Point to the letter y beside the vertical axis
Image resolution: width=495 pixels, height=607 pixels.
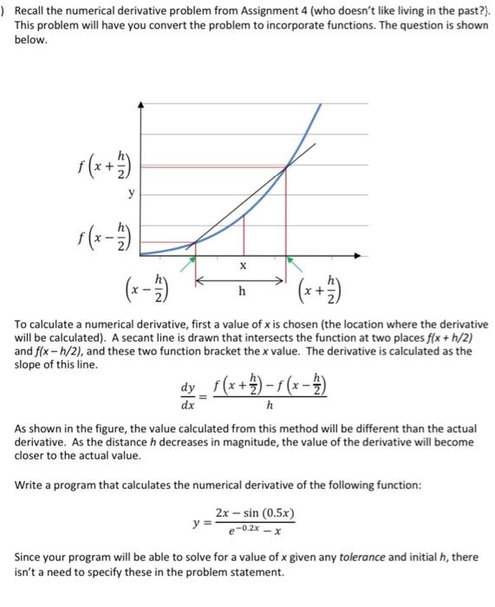(x=131, y=193)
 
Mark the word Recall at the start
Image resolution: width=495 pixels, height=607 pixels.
(x=34, y=10)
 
